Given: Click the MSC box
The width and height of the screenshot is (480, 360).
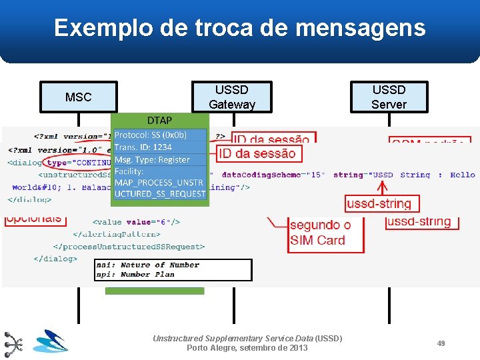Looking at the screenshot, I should [79, 97].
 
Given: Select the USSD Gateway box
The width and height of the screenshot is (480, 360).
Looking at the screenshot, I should [232, 97].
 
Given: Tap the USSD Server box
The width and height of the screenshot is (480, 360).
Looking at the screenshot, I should [389, 97].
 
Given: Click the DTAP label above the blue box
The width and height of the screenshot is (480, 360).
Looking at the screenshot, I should [159, 120].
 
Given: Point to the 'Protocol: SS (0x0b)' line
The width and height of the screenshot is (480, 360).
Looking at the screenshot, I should [151, 135].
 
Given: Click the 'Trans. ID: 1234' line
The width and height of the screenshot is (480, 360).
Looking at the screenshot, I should [143, 147].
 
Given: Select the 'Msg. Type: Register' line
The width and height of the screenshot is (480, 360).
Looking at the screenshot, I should [152, 159].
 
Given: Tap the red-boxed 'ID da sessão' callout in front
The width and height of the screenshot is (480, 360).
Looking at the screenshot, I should [257, 153].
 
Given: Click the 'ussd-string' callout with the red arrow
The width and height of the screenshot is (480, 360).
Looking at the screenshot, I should [379, 203].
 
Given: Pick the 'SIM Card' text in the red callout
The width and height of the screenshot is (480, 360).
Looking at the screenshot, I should [317, 240].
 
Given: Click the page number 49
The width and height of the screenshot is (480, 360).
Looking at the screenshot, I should [441, 343].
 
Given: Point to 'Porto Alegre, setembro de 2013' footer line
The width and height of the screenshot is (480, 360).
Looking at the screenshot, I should [247, 348].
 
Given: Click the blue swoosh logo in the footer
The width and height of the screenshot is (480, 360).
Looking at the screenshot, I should [51, 341].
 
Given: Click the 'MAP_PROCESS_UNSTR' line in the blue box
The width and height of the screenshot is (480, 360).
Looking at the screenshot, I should [159, 183].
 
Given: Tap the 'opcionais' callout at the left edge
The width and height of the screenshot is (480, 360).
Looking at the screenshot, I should [33, 218].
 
